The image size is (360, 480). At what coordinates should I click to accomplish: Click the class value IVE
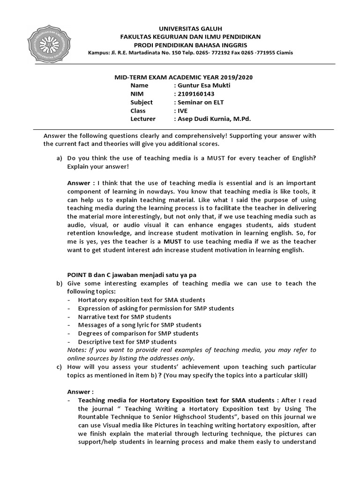182,111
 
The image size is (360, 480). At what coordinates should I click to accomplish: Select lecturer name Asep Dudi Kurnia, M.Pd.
213,119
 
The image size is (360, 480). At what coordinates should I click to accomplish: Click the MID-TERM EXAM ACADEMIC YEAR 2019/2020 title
187,77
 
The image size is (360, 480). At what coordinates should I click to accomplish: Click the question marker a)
59,158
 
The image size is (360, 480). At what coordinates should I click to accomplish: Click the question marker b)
59,284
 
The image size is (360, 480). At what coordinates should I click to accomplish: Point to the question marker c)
59,367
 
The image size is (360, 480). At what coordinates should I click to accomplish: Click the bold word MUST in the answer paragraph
172,241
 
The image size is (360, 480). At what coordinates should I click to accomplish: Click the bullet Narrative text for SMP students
118,317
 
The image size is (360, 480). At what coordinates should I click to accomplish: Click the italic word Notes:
77,350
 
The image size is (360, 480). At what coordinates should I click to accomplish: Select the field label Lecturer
143,119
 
